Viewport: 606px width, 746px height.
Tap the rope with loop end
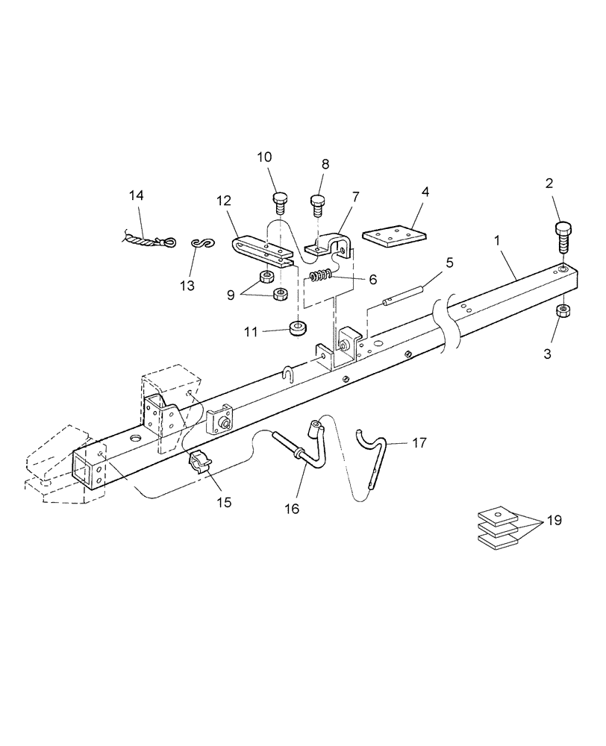pyautogui.click(x=149, y=239)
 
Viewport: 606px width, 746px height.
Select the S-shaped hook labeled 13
pyautogui.click(x=199, y=243)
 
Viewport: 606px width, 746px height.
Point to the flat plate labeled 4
pyautogui.click(x=394, y=235)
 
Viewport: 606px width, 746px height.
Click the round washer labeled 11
pyautogui.click(x=299, y=327)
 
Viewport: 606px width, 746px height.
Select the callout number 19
pyautogui.click(x=555, y=520)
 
